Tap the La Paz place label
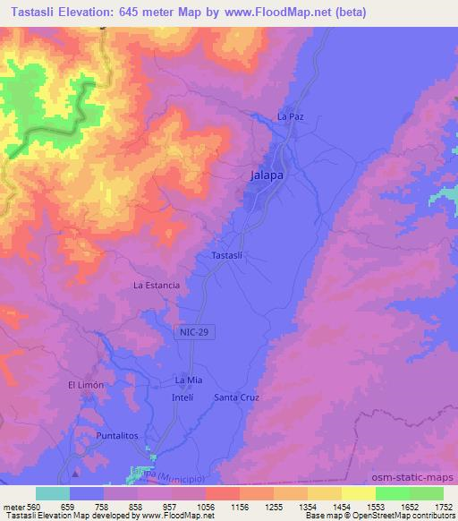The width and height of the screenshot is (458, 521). (x=291, y=117)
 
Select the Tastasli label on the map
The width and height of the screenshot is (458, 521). (x=228, y=255)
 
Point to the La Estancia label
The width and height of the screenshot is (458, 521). (x=157, y=286)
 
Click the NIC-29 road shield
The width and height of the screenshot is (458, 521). (x=184, y=332)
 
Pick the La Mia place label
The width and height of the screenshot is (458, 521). (x=182, y=380)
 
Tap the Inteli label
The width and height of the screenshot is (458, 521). (x=182, y=397)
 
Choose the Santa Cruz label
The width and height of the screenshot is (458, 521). (x=236, y=397)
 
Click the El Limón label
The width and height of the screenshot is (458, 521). (x=87, y=385)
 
